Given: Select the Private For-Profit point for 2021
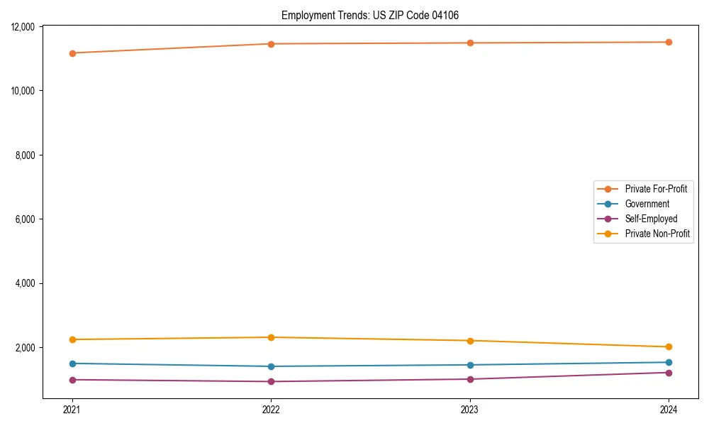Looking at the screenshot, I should coord(72,53).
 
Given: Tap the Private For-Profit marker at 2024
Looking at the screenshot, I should coord(669,42).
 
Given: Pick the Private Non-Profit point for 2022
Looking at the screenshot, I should coord(271,337).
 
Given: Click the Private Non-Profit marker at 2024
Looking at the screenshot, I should coord(669,347).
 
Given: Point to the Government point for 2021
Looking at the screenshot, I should coord(72,364).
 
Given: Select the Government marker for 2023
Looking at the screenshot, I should coord(469,365).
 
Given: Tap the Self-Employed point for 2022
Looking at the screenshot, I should coord(271,382).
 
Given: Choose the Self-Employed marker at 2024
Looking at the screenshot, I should coord(669,373).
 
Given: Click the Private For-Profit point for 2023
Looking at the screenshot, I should coord(469,43).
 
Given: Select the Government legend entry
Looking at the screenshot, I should coord(647,204).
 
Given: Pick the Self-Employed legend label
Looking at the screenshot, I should coord(651,219).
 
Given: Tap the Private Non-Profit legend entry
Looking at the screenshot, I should coord(657,234).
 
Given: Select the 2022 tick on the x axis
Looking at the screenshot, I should coord(271,410).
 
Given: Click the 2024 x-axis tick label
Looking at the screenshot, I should coord(669,410).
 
